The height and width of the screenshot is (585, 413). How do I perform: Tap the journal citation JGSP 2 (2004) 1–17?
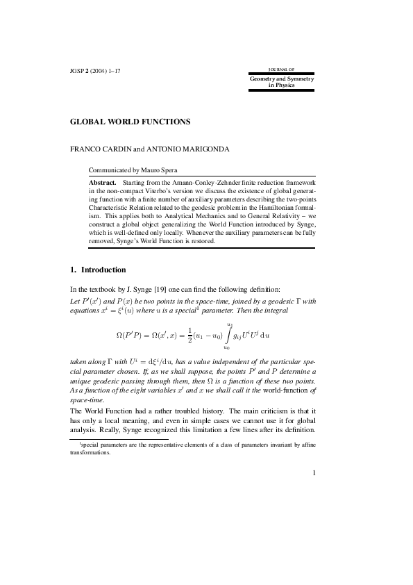pyautogui.click(x=96, y=72)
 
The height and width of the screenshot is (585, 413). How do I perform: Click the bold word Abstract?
pyautogui.click(x=103, y=181)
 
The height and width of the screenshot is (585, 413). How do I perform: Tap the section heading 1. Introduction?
pyautogui.click(x=98, y=269)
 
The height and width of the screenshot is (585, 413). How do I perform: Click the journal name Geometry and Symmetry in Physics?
pyautogui.click(x=281, y=82)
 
